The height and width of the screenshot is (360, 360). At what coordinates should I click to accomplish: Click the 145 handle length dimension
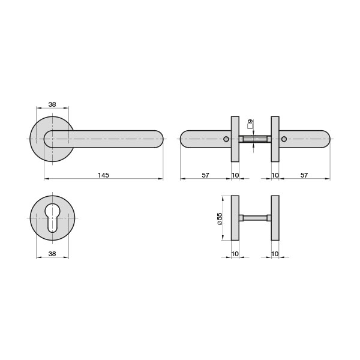pos(103,175)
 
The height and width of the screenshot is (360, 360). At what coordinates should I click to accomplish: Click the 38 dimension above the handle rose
pos(52,104)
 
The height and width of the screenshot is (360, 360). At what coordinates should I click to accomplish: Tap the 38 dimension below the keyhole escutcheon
pos(52,254)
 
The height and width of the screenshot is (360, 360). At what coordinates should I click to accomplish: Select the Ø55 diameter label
pos(220,219)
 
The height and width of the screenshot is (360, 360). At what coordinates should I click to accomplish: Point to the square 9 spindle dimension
pos(250,124)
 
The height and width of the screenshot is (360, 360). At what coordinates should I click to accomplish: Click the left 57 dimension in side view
pos(205,175)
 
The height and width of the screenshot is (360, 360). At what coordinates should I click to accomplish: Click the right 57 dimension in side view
pos(304,175)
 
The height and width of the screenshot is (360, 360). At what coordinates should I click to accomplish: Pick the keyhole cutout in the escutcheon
pos(52,218)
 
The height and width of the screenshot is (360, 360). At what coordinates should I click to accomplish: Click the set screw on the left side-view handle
pos(226,139)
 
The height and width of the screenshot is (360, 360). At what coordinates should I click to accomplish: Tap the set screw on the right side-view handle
pos(284,139)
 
